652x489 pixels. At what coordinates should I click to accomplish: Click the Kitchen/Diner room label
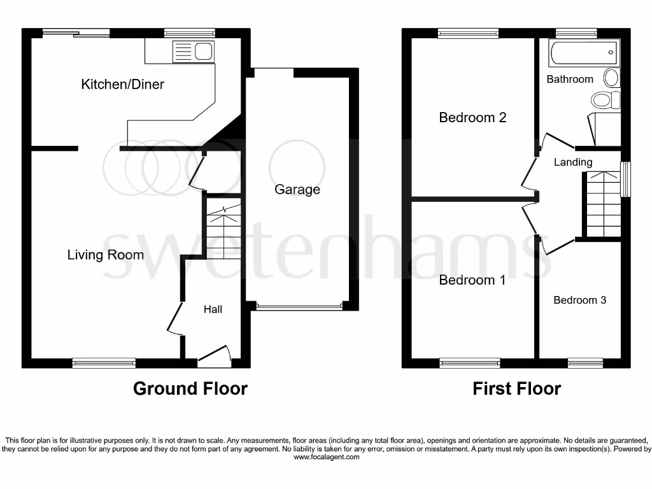click(x=122, y=84)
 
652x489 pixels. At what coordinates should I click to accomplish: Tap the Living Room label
click(x=106, y=255)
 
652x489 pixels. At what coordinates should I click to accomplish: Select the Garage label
click(x=297, y=189)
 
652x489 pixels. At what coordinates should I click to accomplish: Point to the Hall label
click(x=213, y=309)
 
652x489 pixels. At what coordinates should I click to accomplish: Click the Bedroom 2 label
click(x=472, y=117)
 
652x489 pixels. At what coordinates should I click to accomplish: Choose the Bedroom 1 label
click(x=472, y=280)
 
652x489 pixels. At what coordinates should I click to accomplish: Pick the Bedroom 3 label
click(x=579, y=300)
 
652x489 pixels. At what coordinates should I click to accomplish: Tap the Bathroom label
click(x=570, y=79)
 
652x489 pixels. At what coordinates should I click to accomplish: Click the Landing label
click(x=573, y=162)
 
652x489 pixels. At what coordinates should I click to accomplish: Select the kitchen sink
click(x=203, y=51)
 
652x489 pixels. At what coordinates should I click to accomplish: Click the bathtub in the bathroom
click(x=585, y=53)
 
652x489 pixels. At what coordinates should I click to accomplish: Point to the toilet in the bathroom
click(x=605, y=100)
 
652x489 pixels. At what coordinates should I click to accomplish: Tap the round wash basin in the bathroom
click(x=611, y=78)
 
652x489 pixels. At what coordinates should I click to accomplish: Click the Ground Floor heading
click(x=190, y=388)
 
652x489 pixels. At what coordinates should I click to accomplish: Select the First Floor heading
click(x=516, y=388)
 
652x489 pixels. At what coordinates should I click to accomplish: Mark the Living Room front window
click(x=104, y=363)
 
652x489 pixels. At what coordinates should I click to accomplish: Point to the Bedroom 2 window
click(x=468, y=34)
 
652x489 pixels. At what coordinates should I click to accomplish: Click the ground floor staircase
click(x=223, y=229)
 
